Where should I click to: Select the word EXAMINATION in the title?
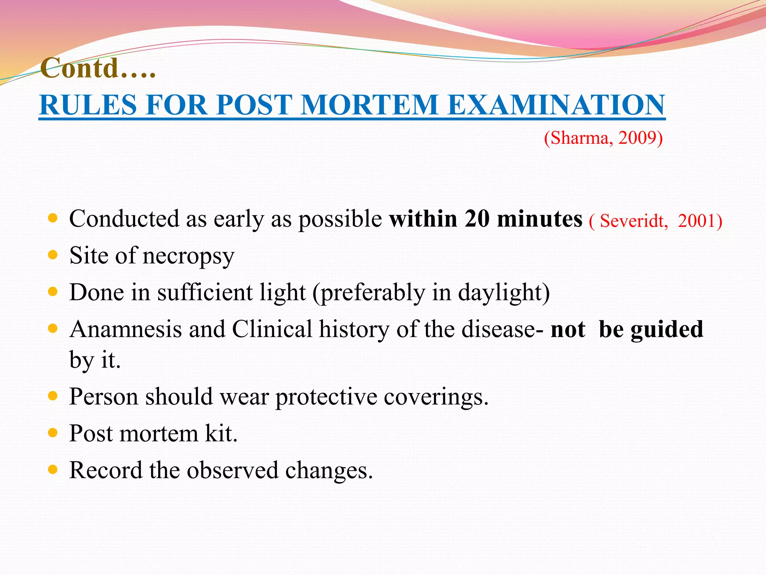point(556,105)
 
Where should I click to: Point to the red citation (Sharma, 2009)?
point(603,138)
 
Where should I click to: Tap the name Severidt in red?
point(634,220)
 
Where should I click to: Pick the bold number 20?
point(477,219)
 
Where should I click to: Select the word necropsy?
point(189,257)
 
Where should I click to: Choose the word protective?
point(326,397)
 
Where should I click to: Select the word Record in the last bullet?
point(106,470)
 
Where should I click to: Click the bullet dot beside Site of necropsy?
point(53,255)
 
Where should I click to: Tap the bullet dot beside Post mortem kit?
point(53,433)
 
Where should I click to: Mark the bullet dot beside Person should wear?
point(53,396)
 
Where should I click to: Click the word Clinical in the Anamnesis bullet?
point(272,329)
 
